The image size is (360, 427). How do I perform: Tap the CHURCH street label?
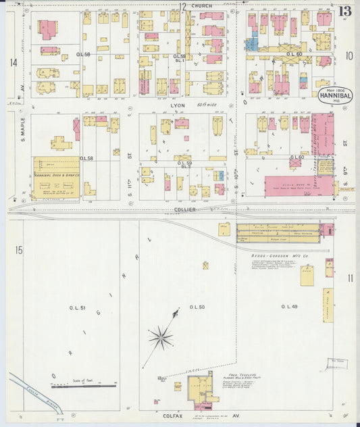coord(201,6)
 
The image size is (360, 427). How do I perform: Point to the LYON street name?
coord(179,106)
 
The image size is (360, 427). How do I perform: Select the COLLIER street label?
coord(184,209)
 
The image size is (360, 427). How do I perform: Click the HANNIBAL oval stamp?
coord(335,95)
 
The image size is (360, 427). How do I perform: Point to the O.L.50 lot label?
coord(197,307)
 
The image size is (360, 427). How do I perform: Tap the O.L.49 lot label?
coord(289,307)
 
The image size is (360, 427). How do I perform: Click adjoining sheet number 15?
coord(18,251)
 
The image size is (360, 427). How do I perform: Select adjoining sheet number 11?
coord(350,278)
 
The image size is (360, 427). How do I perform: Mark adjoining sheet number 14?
coord(13,63)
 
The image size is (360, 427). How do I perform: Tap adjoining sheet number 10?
coord(349,56)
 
